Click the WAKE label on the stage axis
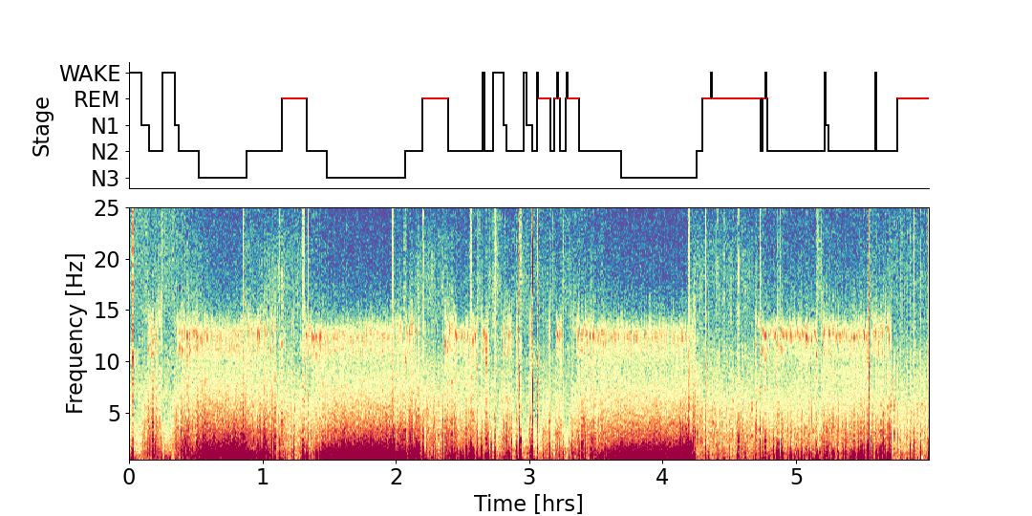coord(90,74)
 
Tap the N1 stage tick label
coord(105,125)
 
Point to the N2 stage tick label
coord(105,151)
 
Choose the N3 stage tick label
coord(105,178)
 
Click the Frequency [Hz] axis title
coord(75,333)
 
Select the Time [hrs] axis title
coord(528,503)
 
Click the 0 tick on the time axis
coord(130,476)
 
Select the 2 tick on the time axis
coord(397,476)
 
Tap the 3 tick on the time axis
coord(529,476)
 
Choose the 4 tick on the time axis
coord(663,476)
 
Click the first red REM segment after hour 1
coord(294,98)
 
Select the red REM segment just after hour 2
coord(435,98)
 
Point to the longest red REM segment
coord(735,98)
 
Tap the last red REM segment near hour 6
coord(913,98)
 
